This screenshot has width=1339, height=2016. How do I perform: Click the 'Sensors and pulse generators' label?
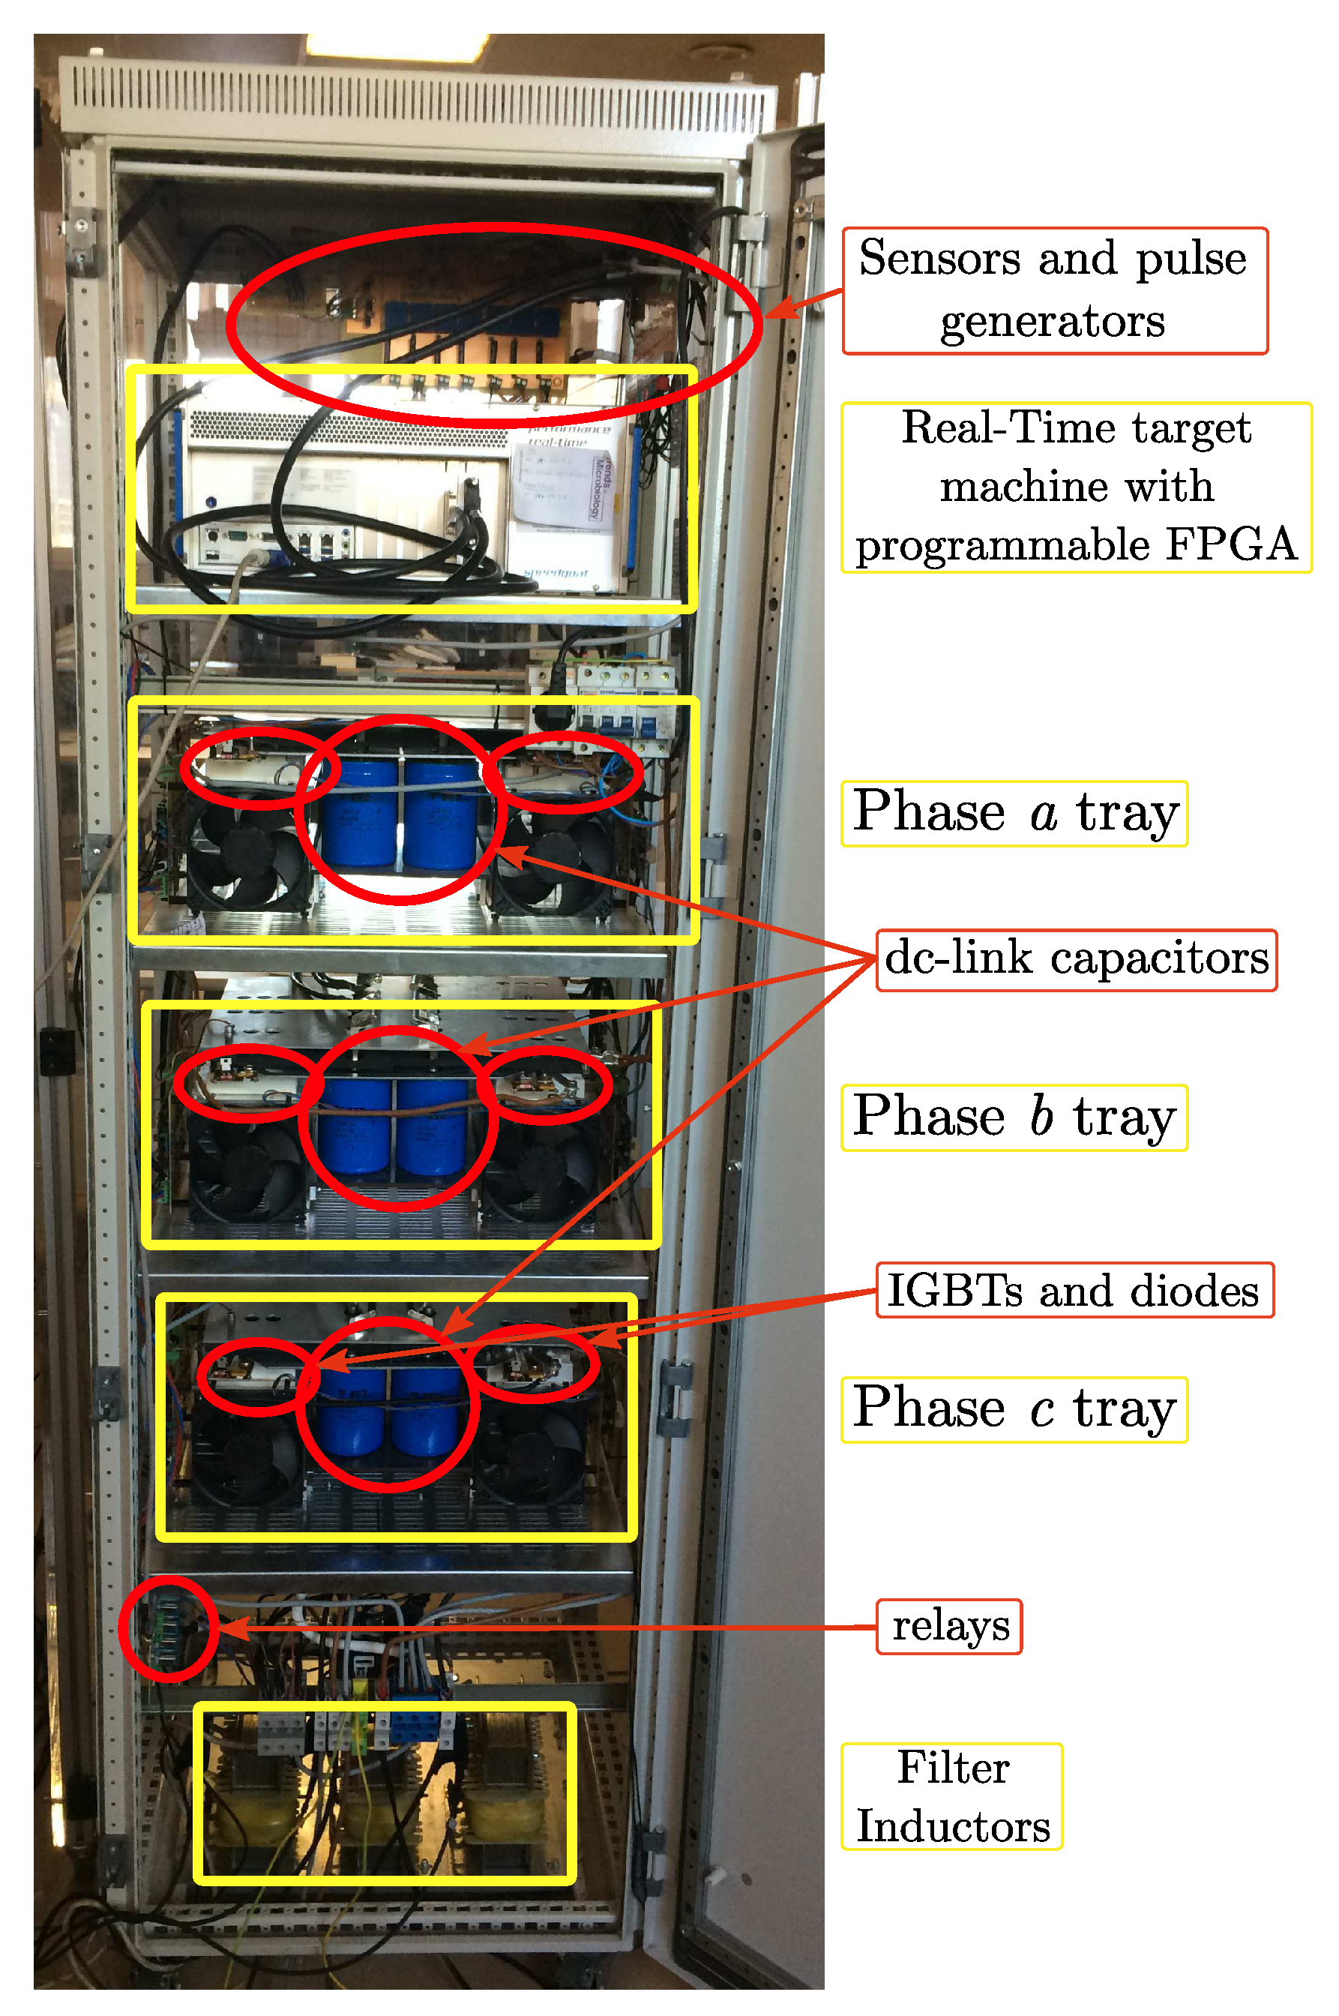coord(1054,290)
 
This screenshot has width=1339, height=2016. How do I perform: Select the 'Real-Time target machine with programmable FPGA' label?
coord(1076,487)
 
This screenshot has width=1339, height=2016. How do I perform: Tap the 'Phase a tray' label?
coord(1014,813)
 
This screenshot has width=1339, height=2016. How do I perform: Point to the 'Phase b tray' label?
coord(1014,1117)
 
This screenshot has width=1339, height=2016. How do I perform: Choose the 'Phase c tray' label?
coord(1014,1409)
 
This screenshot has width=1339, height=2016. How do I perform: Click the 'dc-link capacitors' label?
coord(1076,959)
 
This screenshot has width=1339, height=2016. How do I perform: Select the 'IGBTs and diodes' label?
coord(1074,1290)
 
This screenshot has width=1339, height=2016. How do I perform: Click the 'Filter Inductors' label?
coord(952,1797)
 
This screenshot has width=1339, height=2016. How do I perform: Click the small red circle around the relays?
coord(168,1628)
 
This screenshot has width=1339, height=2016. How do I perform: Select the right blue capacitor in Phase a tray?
coord(441,816)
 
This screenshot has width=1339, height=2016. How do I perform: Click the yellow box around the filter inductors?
coord(385,1708)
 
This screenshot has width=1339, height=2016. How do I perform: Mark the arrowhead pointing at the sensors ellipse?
coord(777,309)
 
